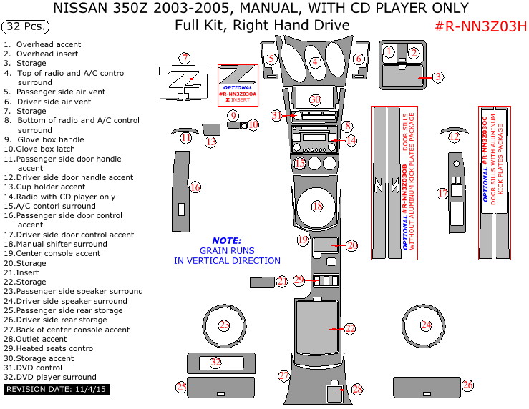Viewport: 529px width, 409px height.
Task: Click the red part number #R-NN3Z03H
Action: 480,27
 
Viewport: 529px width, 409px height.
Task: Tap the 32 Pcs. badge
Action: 26,27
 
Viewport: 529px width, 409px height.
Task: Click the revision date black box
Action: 55,390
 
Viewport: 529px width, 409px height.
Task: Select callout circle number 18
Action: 318,206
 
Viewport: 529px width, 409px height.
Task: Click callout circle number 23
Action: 224,325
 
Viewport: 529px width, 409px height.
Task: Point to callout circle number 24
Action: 427,325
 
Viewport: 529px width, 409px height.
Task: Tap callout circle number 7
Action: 185,58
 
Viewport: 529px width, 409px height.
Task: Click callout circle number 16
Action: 195,187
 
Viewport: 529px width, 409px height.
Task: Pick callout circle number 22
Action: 349,328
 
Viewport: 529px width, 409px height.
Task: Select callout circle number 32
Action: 215,363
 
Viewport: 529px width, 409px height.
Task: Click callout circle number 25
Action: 181,388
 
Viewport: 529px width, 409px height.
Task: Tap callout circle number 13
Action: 210,142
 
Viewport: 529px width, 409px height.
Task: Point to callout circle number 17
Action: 442,193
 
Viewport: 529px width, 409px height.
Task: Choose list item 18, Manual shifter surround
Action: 55,244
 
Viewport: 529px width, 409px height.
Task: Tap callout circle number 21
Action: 282,282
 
